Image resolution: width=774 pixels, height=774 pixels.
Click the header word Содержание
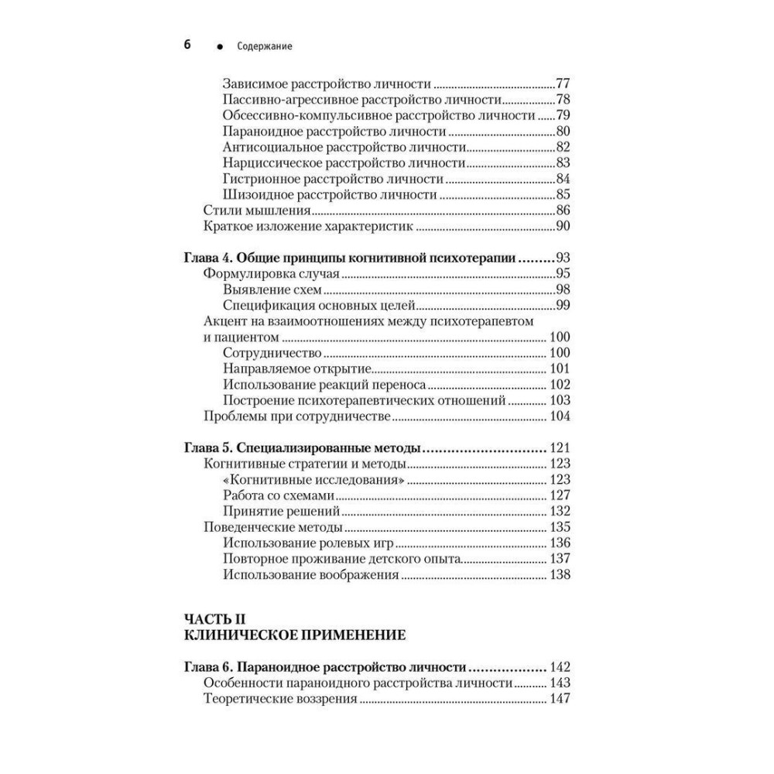(x=265, y=46)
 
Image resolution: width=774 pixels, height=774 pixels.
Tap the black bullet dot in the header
(x=221, y=47)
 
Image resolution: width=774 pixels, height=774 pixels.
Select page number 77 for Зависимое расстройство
(x=563, y=84)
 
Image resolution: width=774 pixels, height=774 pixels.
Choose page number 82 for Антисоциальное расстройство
(x=563, y=147)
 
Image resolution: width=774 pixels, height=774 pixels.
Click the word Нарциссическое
(x=272, y=163)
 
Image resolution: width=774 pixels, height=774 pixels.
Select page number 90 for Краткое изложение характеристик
(x=563, y=226)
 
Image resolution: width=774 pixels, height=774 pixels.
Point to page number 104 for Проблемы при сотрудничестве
(x=559, y=416)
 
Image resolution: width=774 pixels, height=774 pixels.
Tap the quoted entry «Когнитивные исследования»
(x=315, y=480)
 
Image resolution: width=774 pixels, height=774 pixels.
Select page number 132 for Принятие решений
(x=559, y=512)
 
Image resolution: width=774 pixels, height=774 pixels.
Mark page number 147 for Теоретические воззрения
(x=559, y=699)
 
